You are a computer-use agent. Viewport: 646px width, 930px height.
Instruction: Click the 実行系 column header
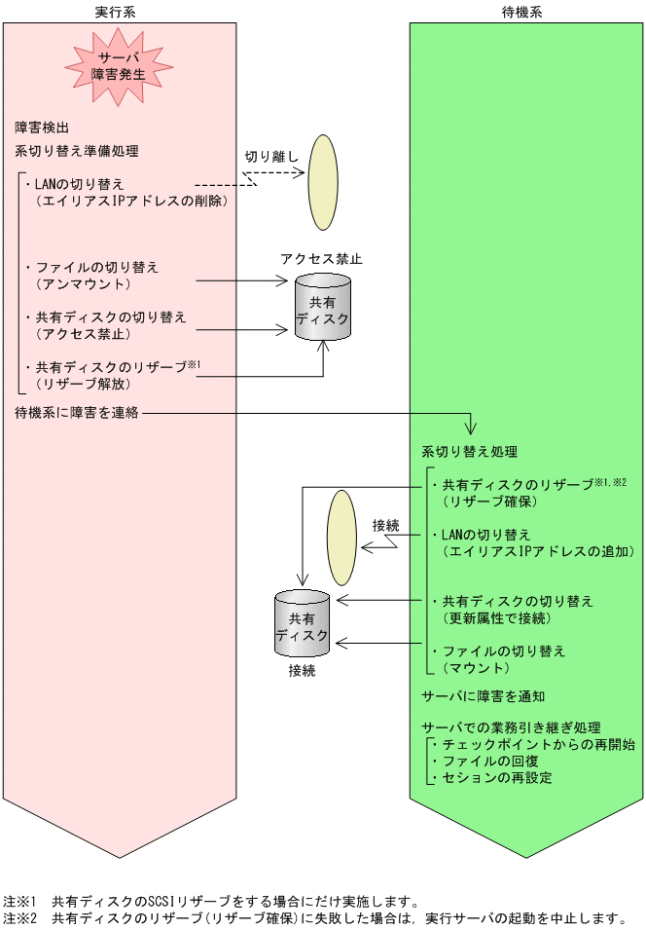(x=120, y=10)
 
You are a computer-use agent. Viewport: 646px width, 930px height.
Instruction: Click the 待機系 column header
(x=526, y=10)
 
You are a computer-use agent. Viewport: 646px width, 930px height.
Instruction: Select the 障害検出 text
(x=41, y=128)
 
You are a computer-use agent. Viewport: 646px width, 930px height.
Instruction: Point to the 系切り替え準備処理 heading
(x=77, y=151)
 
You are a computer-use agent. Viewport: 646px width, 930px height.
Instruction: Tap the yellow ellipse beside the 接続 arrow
(x=341, y=537)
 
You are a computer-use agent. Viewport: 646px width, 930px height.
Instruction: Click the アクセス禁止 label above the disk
(x=321, y=259)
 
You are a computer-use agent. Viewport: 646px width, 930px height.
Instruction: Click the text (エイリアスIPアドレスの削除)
(x=130, y=201)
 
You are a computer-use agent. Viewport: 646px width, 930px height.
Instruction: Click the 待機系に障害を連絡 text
(x=77, y=413)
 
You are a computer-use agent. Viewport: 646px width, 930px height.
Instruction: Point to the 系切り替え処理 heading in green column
(x=469, y=453)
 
